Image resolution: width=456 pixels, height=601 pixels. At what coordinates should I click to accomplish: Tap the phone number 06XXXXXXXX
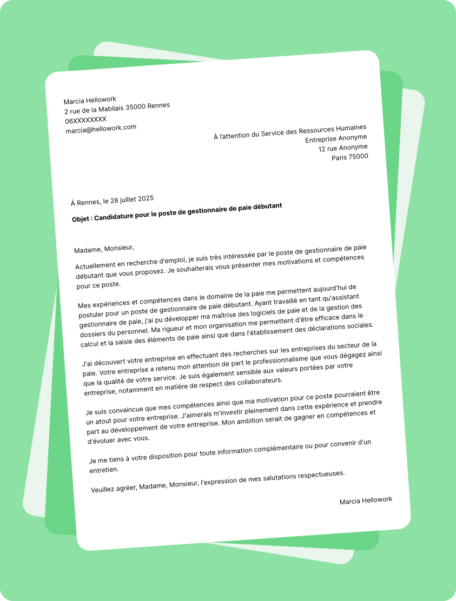(x=86, y=120)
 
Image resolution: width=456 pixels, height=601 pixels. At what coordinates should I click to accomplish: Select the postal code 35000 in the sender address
(x=135, y=107)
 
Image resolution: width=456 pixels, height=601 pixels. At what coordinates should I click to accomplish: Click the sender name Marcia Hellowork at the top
(x=90, y=101)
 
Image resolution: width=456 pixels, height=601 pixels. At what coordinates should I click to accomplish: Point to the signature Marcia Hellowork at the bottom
(x=366, y=500)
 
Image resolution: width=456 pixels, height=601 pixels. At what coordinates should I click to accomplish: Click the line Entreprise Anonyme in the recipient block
(x=336, y=138)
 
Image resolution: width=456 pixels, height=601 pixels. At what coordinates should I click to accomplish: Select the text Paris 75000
(x=350, y=157)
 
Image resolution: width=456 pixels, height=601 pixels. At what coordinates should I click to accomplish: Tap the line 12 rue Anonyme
(x=343, y=148)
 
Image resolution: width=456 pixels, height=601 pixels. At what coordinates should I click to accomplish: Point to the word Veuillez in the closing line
(x=105, y=489)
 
